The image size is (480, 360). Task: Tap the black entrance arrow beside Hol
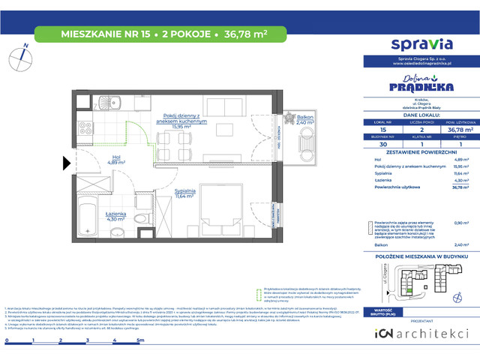66,161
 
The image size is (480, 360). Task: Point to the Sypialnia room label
184,193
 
